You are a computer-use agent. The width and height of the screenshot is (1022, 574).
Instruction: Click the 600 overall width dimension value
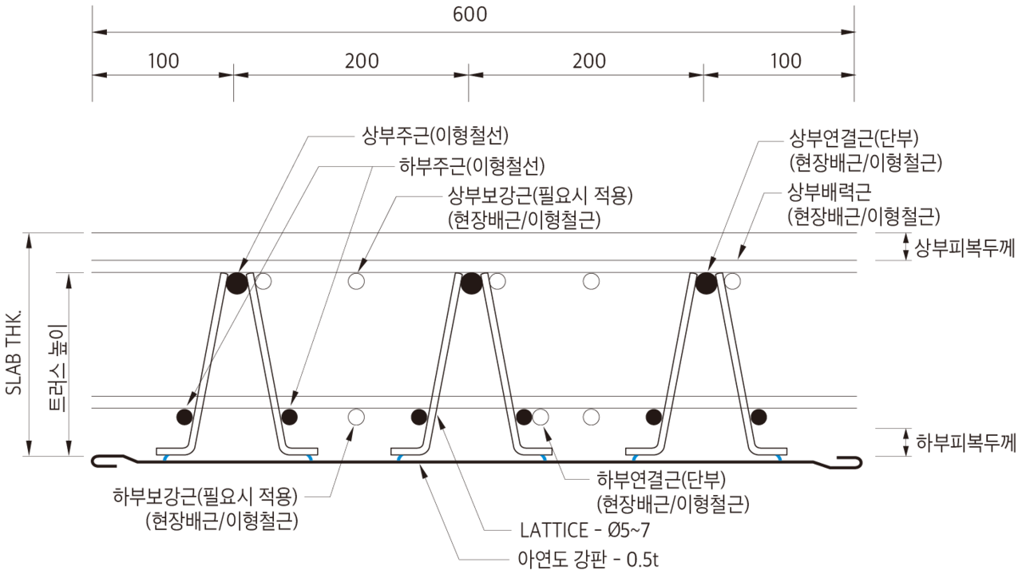tap(469, 14)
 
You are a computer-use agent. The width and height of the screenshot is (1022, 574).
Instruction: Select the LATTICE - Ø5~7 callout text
tap(584, 530)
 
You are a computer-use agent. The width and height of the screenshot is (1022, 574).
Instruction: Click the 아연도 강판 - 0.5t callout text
tap(588, 559)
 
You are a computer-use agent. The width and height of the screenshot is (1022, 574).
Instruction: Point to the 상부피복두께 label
tap(965, 248)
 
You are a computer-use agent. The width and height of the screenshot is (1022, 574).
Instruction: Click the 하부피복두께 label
tap(966, 442)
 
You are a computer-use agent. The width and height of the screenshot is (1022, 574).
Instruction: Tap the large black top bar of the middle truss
tap(471, 283)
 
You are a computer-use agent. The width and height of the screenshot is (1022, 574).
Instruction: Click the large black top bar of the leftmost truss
tap(237, 283)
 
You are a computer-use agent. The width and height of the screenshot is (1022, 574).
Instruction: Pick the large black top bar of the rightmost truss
tap(706, 283)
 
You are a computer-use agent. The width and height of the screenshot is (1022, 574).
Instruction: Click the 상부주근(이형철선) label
tap(435, 136)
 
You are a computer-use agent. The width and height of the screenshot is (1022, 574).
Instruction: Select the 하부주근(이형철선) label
tap(472, 166)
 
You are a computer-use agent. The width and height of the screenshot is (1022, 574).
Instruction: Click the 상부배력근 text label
tap(830, 192)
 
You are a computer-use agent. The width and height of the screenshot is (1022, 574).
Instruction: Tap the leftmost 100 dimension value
tap(164, 61)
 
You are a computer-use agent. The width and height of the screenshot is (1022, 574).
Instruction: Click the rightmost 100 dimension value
tap(786, 61)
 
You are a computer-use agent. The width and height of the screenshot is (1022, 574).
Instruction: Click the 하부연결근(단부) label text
tap(661, 479)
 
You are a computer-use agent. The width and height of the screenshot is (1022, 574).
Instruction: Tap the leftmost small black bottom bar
tap(184, 417)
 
